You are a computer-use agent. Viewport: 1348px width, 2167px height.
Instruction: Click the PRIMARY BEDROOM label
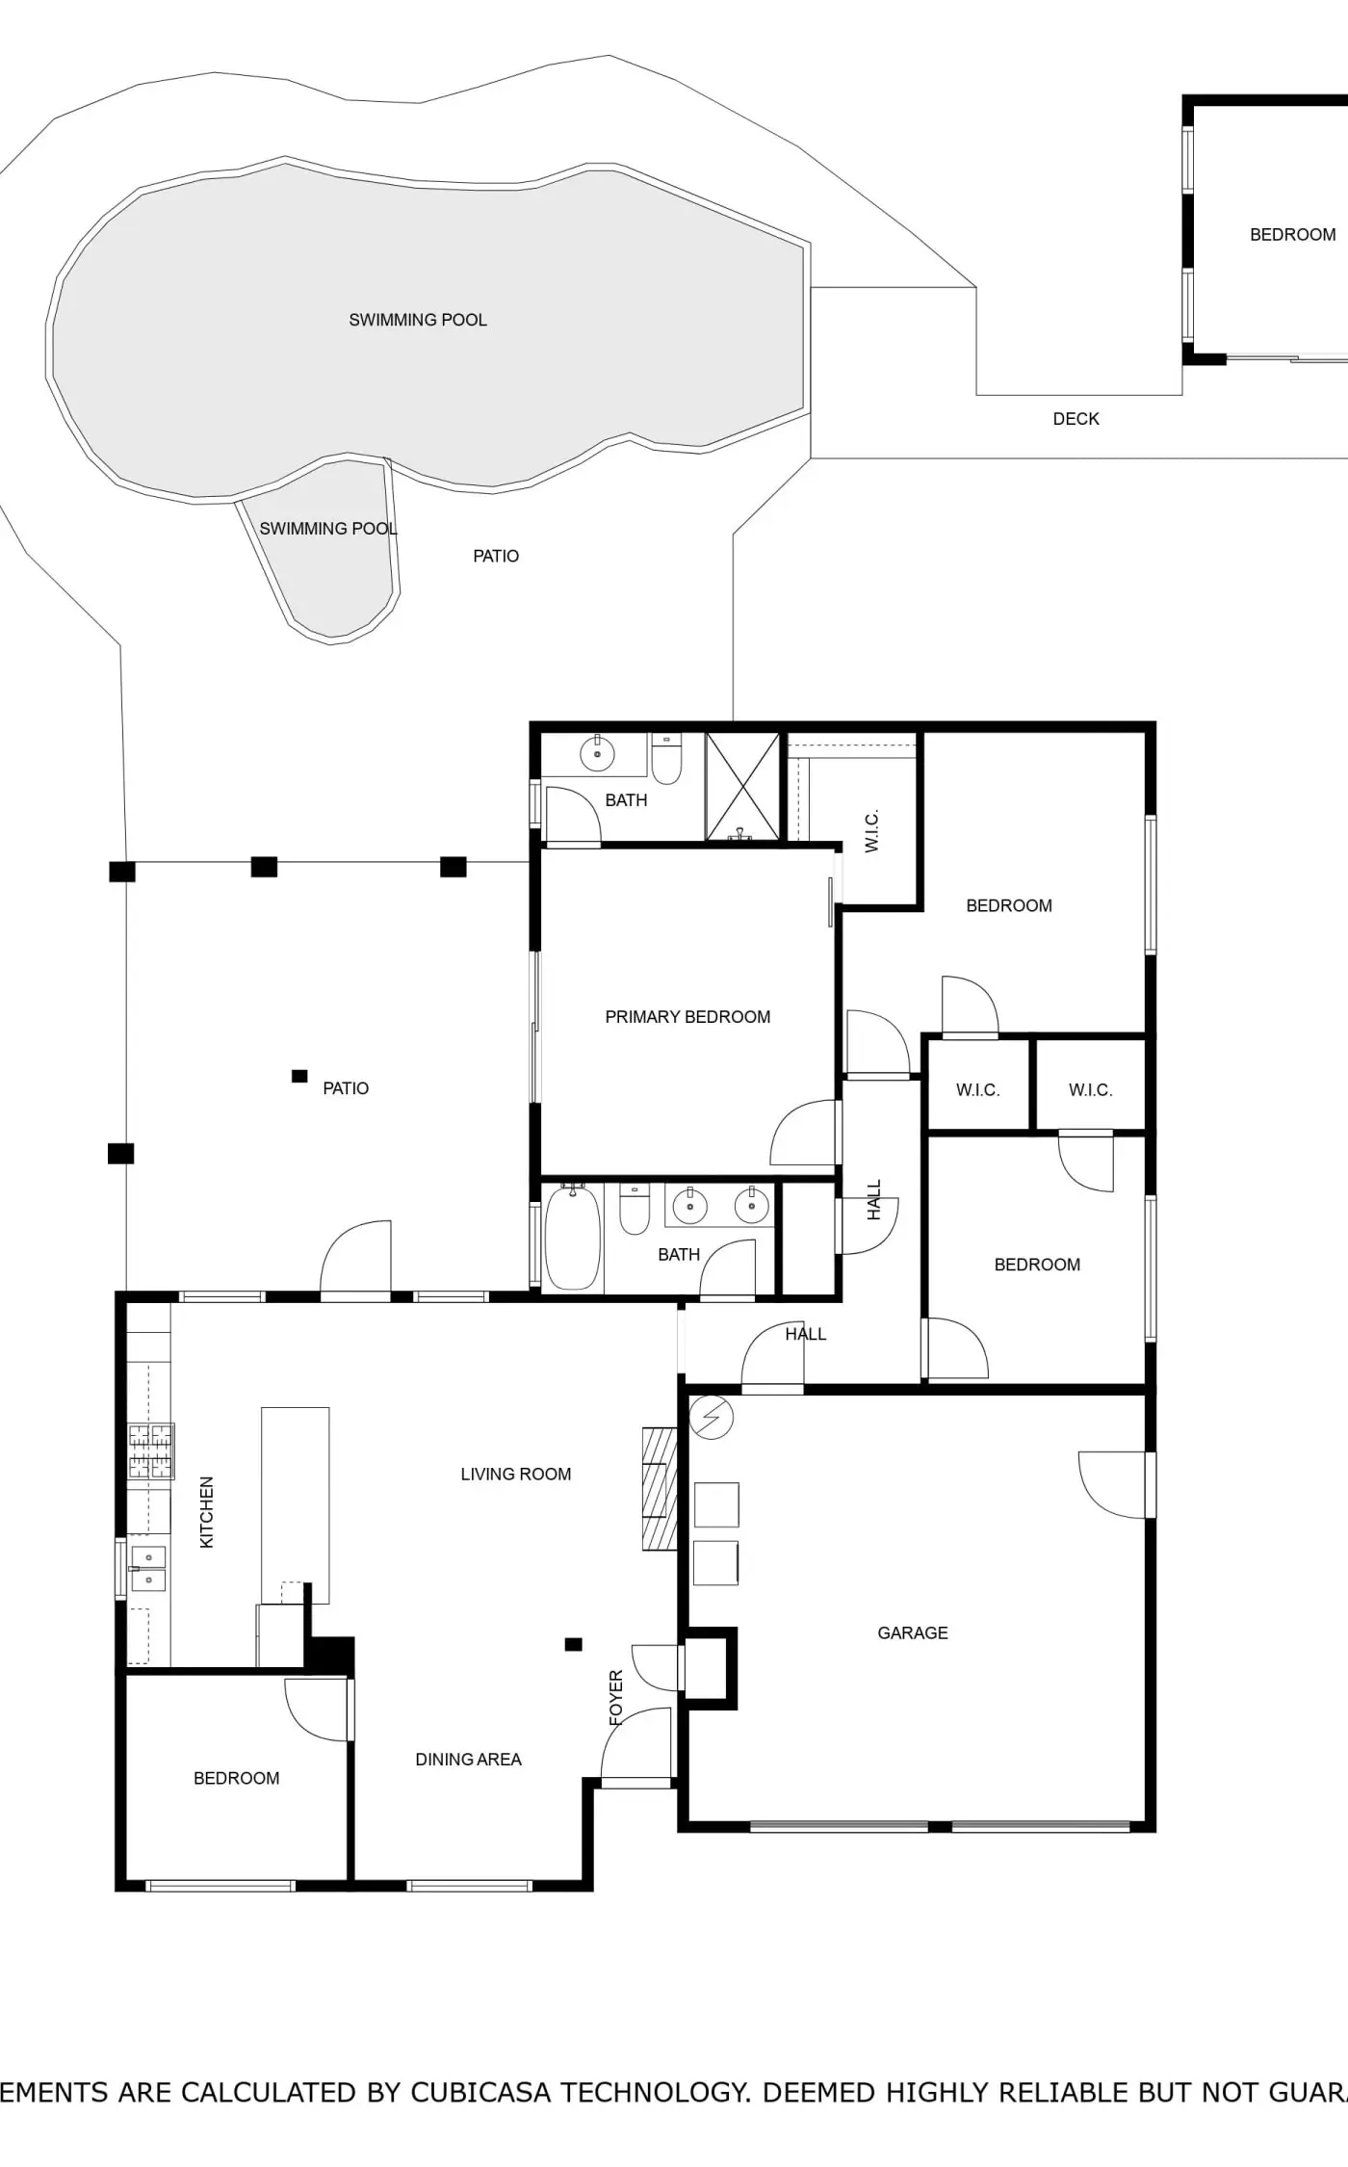click(x=687, y=1017)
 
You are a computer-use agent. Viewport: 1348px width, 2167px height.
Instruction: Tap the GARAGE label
click(x=913, y=1632)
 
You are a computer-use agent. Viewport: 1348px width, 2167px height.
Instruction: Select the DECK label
click(x=1076, y=419)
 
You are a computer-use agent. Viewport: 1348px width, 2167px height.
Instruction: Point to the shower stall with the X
click(x=742, y=786)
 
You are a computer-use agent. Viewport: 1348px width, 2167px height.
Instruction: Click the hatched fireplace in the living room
click(x=660, y=1488)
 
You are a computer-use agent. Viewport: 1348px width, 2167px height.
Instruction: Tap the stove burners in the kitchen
click(x=151, y=1451)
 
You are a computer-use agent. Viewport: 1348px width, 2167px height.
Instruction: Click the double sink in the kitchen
click(x=148, y=1568)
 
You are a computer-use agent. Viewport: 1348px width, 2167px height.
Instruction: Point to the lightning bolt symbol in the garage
click(x=712, y=1418)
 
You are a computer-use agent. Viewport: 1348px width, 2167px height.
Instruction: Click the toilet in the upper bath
click(x=666, y=760)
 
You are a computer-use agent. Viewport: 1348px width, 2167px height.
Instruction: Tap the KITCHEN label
click(x=206, y=1512)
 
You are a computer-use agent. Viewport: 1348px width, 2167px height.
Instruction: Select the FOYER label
click(x=616, y=1697)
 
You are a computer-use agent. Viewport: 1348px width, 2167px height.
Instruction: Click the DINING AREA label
click(x=468, y=1760)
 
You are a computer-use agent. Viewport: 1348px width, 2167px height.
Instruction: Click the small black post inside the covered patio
click(x=299, y=1076)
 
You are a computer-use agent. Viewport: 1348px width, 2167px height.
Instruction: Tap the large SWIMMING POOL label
click(x=418, y=320)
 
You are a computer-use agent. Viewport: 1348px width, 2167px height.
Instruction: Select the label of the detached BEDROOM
click(x=1292, y=235)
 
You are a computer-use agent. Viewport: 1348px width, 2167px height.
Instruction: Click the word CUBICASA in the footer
click(x=480, y=2092)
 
